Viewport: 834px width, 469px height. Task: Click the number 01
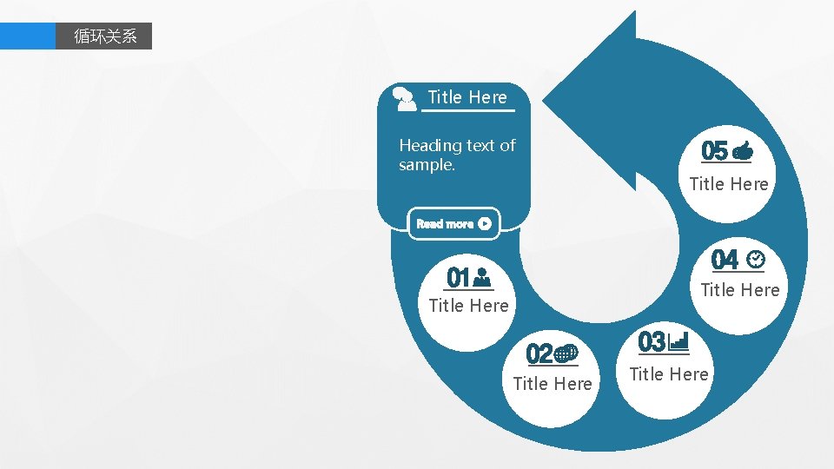458,278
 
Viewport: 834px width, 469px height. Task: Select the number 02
539,353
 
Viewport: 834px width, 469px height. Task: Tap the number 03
652,342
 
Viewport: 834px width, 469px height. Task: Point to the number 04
725,260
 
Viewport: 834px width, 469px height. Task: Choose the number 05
714,152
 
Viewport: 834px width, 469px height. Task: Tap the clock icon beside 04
755,259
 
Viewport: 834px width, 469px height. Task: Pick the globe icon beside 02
566,353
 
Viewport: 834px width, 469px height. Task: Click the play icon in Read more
485,223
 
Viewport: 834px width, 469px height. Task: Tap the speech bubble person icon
405,98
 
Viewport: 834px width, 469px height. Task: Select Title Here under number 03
668,374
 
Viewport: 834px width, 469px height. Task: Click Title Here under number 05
728,184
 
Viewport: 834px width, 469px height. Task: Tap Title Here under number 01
468,306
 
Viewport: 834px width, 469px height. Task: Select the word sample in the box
425,165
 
